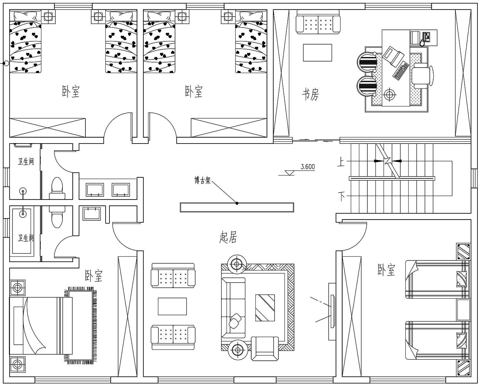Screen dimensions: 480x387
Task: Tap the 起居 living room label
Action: pos(228,237)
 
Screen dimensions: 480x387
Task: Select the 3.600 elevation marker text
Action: pos(308,167)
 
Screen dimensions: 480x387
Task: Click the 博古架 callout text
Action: pos(202,180)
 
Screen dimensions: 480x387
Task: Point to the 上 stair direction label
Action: pos(341,162)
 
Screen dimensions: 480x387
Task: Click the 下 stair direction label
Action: pos(341,196)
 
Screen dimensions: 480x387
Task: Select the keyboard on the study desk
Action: pos(401,71)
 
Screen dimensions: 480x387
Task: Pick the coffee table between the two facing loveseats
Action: pos(172,306)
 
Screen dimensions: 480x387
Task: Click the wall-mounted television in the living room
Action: pos(332,311)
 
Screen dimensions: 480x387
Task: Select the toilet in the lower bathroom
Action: pos(57,217)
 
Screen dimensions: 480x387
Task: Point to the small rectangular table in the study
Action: pos(317,53)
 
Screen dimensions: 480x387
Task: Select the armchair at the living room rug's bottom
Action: pos(265,349)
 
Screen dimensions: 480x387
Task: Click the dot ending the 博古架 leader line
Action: pos(237,203)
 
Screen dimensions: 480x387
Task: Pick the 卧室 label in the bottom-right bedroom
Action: pos(386,269)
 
